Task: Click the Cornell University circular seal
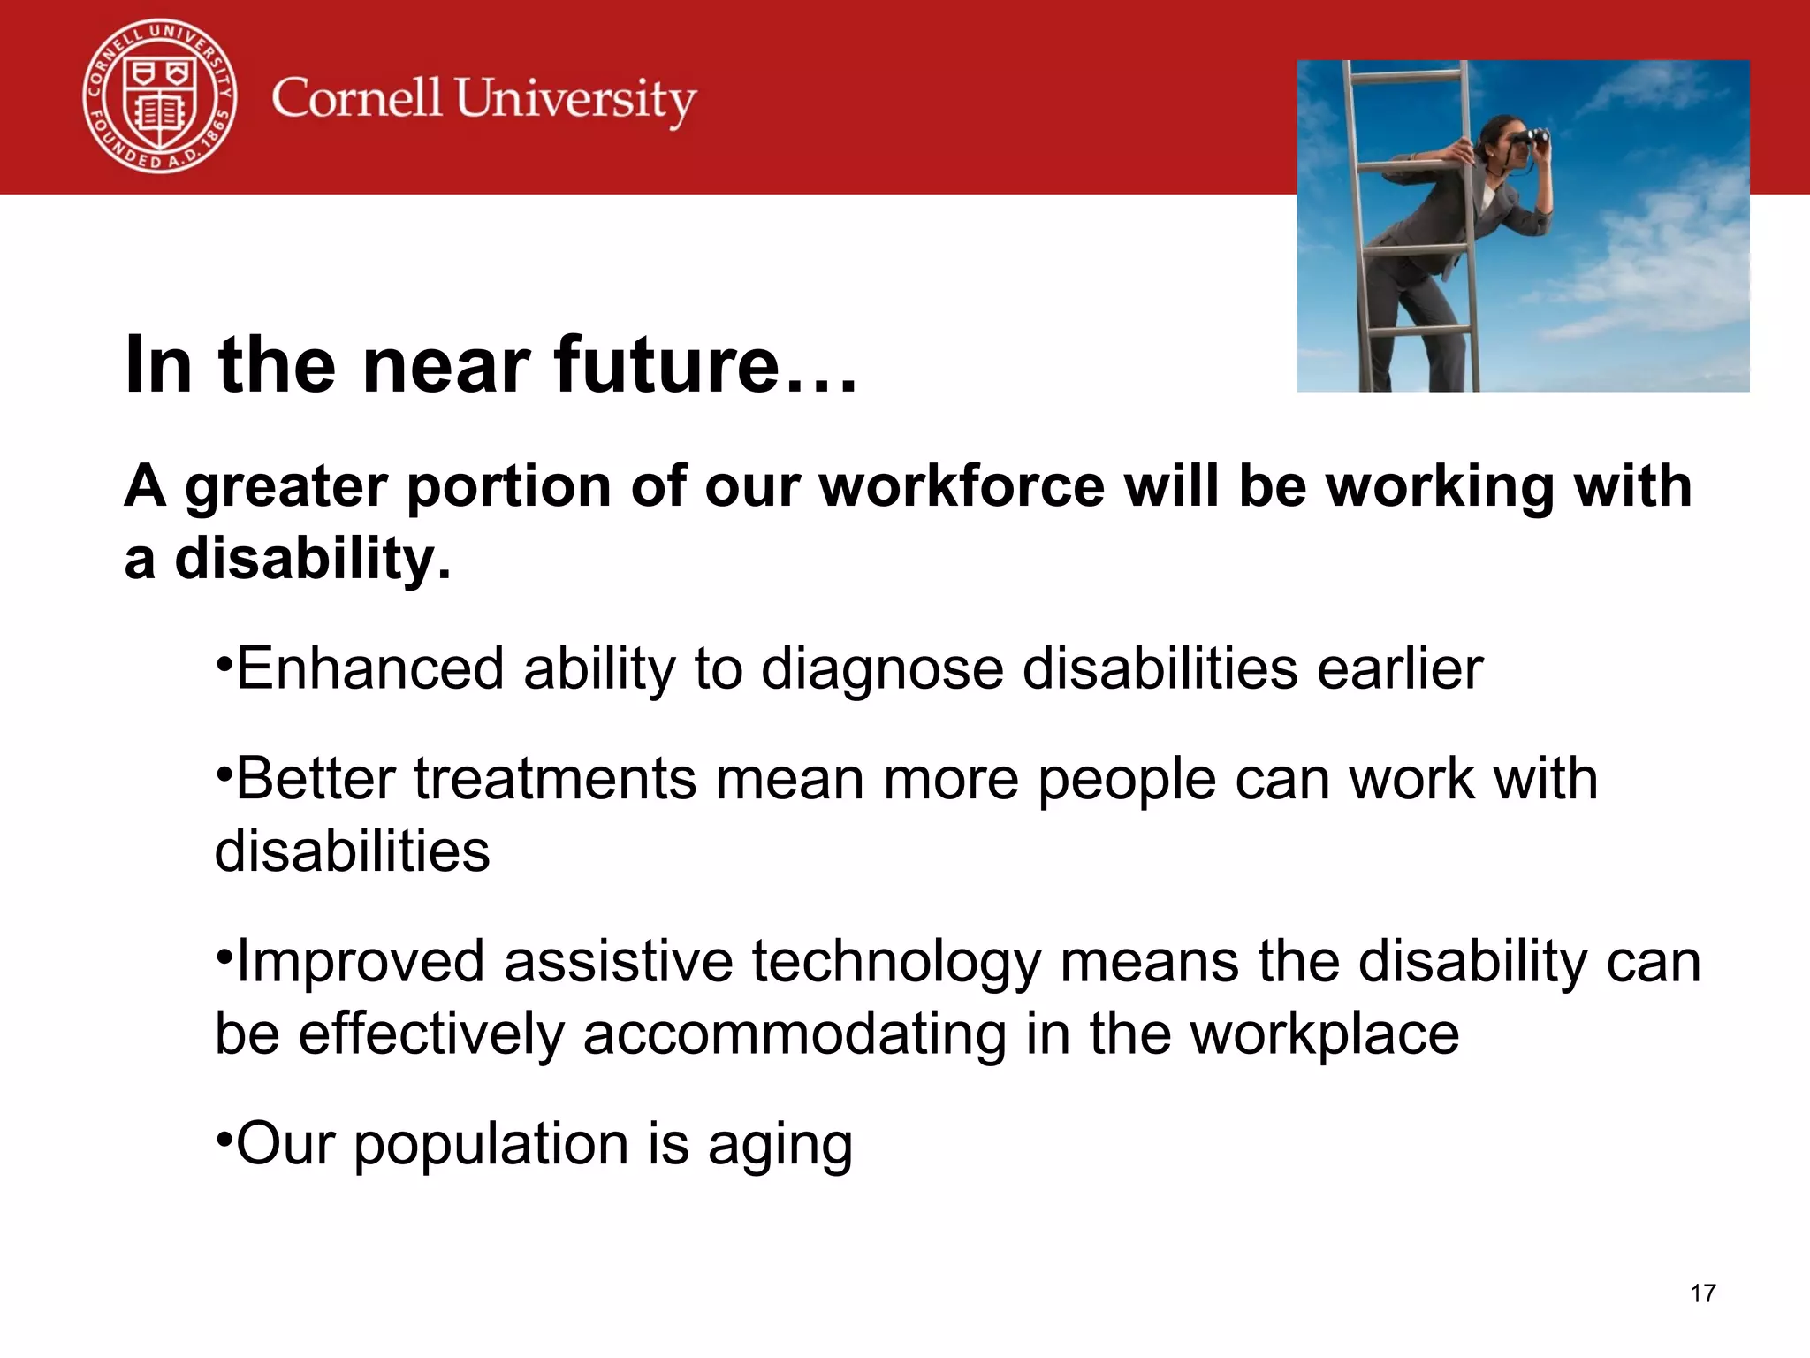point(160,96)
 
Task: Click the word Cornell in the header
point(356,98)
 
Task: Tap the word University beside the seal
point(575,100)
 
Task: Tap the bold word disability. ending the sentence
point(312,560)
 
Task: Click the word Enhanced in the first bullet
point(370,668)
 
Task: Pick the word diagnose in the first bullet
point(882,670)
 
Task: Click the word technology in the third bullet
point(896,962)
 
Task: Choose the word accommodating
point(794,1034)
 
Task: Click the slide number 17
point(1702,1293)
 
